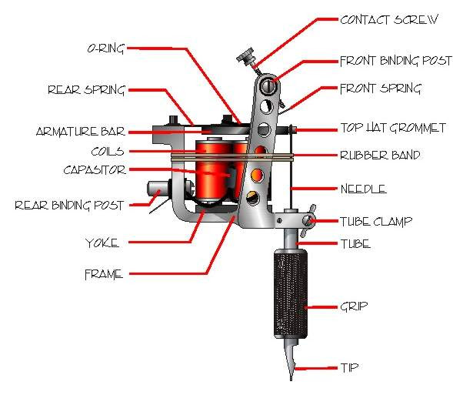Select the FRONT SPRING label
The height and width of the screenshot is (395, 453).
tap(380, 89)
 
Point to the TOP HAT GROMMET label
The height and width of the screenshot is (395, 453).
tap(392, 129)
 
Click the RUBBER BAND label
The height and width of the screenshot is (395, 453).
tap(380, 156)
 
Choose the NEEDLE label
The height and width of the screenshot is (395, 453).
tap(363, 189)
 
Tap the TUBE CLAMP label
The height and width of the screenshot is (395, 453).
tap(376, 222)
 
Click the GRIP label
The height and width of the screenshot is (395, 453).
tap(354, 306)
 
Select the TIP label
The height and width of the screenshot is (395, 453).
tap(349, 368)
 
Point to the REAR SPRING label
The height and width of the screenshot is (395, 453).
tap(86, 89)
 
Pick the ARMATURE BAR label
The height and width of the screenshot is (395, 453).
tap(80, 131)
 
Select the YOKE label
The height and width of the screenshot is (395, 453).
tap(102, 243)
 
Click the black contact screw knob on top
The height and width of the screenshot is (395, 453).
tap(244, 56)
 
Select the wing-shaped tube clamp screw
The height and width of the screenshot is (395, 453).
tap(309, 219)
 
